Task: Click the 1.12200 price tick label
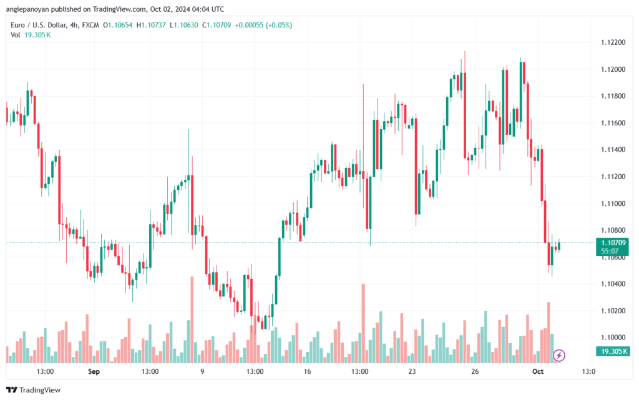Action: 613,42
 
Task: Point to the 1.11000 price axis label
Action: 613,203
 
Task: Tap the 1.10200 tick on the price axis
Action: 613,311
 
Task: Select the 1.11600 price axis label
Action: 613,123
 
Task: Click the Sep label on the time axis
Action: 94,371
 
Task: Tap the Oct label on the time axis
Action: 538,371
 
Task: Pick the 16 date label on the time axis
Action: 307,371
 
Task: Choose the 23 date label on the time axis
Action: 412,371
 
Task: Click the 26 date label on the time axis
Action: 475,371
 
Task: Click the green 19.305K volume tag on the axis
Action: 612,351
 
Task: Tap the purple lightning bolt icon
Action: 559,356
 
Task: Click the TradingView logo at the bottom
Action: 34,390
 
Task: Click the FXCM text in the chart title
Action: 90,25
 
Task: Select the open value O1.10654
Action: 118,25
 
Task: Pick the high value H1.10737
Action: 151,25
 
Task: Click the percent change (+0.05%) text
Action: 279,25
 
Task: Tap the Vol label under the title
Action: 15,35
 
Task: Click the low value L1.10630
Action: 184,25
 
